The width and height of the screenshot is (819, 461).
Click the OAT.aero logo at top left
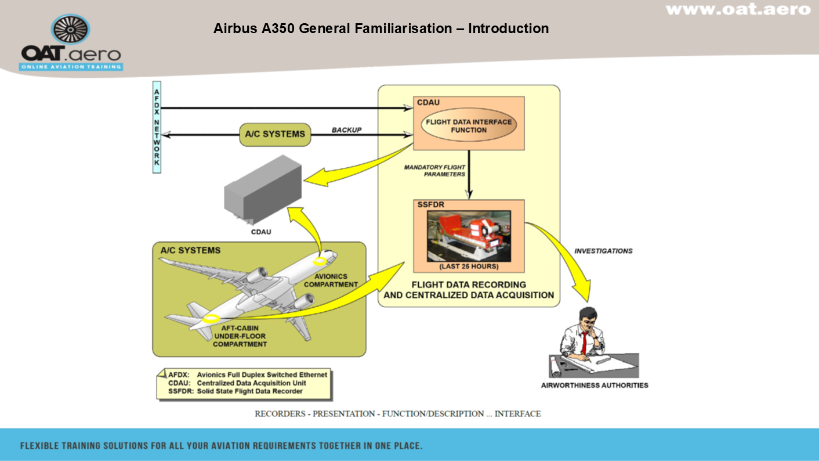point(71,43)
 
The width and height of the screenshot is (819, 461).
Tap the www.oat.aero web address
point(738,10)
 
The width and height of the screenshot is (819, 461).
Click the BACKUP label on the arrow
point(346,130)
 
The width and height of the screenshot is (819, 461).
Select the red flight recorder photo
point(469,236)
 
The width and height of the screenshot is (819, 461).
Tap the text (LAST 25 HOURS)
point(469,266)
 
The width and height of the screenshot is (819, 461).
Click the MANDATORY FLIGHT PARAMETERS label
point(435,171)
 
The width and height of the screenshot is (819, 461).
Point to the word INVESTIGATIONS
point(603,251)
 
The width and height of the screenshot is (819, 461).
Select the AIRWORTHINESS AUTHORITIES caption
point(595,385)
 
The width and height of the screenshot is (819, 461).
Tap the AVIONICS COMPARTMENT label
point(331,280)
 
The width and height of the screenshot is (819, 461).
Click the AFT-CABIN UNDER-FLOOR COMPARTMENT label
point(240,336)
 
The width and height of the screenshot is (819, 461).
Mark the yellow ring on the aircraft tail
point(210,318)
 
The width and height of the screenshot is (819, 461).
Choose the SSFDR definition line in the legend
point(235,391)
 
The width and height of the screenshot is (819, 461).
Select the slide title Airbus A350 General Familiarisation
point(380,28)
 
